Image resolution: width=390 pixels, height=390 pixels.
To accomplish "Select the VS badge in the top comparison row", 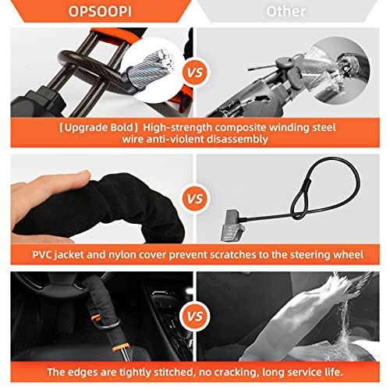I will (195, 73).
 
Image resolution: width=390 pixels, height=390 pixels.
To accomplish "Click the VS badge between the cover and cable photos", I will (195, 198).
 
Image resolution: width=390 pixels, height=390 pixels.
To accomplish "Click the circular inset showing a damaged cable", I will (346, 49).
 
